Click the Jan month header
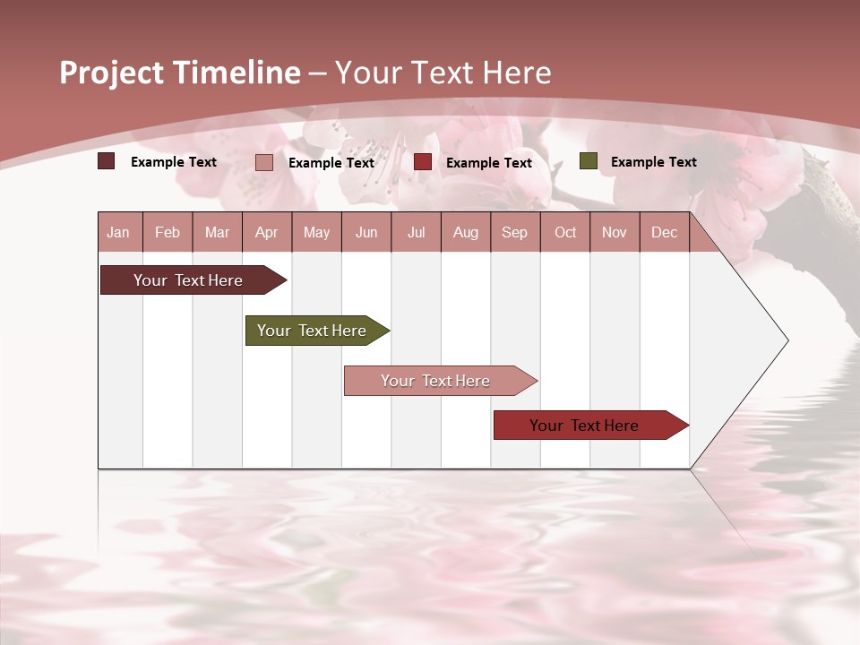pyautogui.click(x=118, y=232)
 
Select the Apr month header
pyautogui.click(x=266, y=232)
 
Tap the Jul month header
pyautogui.click(x=416, y=232)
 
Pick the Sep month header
pyautogui.click(x=514, y=232)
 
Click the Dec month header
pyautogui.click(x=664, y=232)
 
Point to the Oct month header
pyautogui.click(x=565, y=232)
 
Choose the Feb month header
pyautogui.click(x=168, y=232)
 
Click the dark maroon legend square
pyautogui.click(x=107, y=161)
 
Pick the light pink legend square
pyautogui.click(x=264, y=162)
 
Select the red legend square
pyautogui.click(x=423, y=162)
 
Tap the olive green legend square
pyautogui.click(x=588, y=161)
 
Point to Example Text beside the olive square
pyautogui.click(x=653, y=162)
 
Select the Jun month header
pyautogui.click(x=366, y=232)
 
